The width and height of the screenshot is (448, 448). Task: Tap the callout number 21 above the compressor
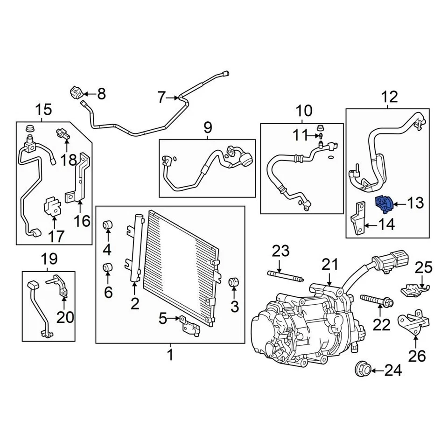[329, 265]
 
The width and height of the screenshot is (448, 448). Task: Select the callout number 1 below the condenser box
[170, 355]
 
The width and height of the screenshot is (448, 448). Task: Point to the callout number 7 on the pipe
[161, 98]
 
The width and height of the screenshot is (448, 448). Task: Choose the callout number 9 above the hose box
[207, 127]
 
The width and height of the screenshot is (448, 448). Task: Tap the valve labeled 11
[322, 136]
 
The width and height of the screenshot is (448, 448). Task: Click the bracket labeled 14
[358, 218]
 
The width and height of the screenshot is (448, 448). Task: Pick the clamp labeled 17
[54, 207]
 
